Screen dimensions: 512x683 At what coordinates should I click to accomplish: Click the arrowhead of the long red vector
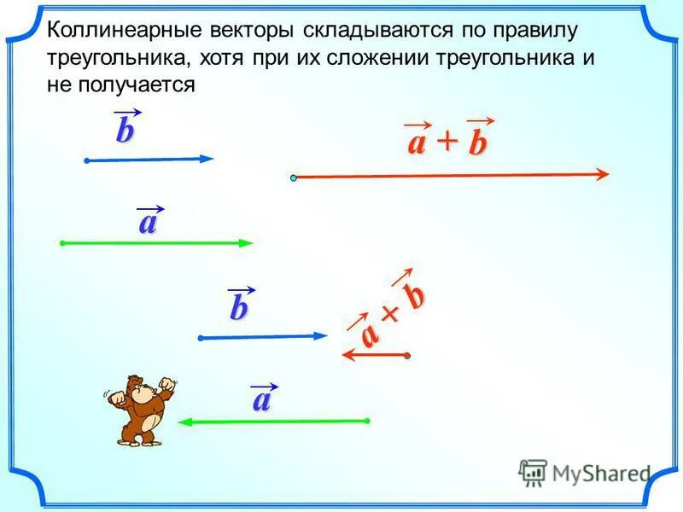pos(602,174)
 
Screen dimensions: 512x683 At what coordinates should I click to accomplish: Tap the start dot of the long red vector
pos(293,177)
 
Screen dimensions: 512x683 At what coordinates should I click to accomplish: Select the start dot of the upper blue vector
pos(87,160)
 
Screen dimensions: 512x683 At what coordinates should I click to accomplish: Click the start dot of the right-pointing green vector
pos(63,243)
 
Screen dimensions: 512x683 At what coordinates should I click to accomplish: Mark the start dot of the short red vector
pos(408,355)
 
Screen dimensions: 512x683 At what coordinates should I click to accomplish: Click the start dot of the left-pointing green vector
pos(367,421)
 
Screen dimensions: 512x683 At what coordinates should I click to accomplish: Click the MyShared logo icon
pos(533,472)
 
